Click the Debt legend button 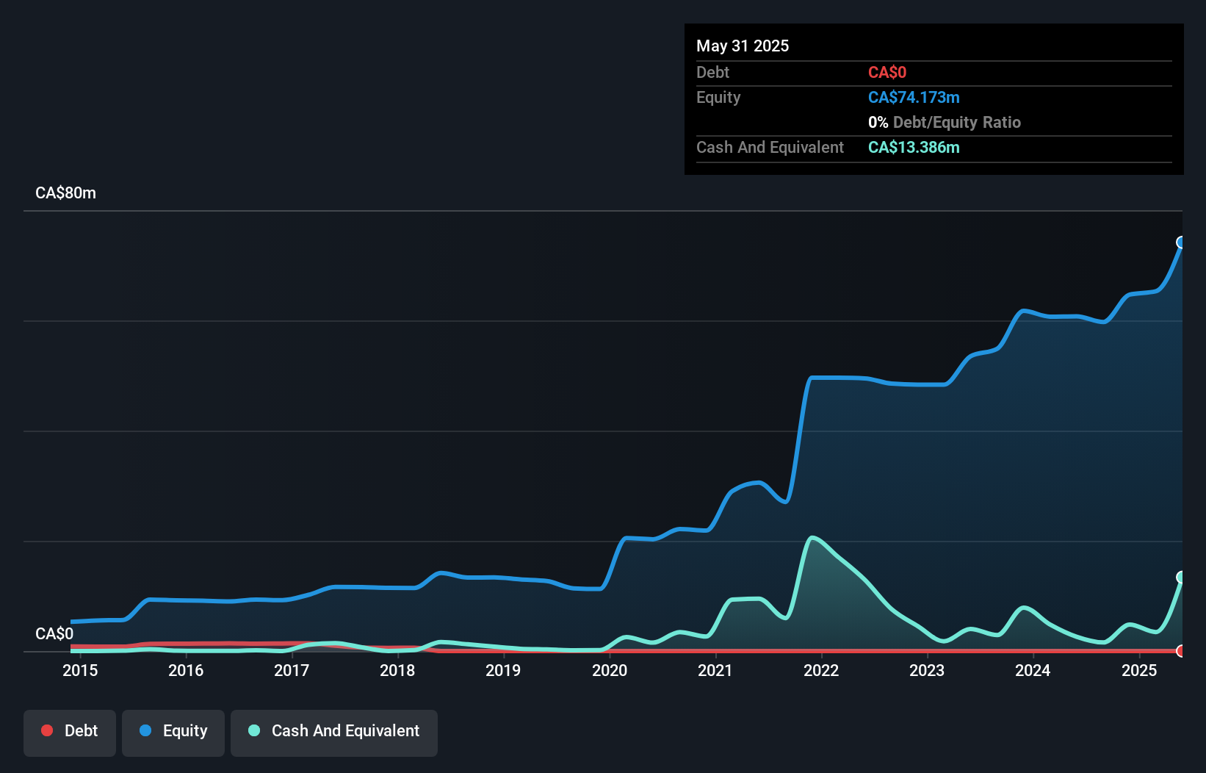(x=70, y=732)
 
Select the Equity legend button (x=173, y=732)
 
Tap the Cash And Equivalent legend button (x=334, y=732)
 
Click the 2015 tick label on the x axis (x=80, y=670)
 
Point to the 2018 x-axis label (x=397, y=670)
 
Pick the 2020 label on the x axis (x=610, y=670)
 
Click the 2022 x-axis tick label (x=821, y=670)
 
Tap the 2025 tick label (x=1139, y=670)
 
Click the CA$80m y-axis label (x=65, y=193)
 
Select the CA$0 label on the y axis (x=54, y=633)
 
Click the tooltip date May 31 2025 (x=743, y=46)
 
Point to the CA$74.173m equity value (x=914, y=98)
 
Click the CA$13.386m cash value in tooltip (x=914, y=148)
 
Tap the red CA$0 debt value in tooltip (x=887, y=73)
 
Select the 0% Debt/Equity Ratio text (x=945, y=123)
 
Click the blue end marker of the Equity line (x=1181, y=242)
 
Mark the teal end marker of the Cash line (x=1181, y=577)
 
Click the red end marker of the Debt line (x=1181, y=651)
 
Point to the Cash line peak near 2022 (x=812, y=538)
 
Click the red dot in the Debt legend (x=47, y=730)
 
